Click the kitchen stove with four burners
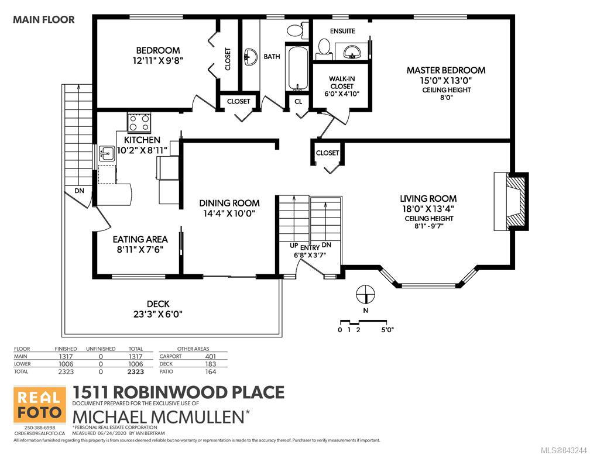(139, 123)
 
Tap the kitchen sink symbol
(107, 154)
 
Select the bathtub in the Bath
(297, 68)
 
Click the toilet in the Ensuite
(324, 49)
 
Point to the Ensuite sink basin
(352, 51)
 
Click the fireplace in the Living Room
(512, 201)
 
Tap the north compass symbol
(366, 294)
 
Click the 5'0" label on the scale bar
(387, 330)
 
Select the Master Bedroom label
(446, 70)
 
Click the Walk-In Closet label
(342, 82)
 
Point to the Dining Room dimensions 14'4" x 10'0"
(229, 213)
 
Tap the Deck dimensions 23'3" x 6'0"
(157, 313)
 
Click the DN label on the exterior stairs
(79, 191)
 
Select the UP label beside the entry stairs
(294, 246)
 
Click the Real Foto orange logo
(40, 405)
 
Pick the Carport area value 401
(210, 356)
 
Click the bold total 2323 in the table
(135, 371)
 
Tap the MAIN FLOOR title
(44, 19)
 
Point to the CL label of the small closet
(299, 102)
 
